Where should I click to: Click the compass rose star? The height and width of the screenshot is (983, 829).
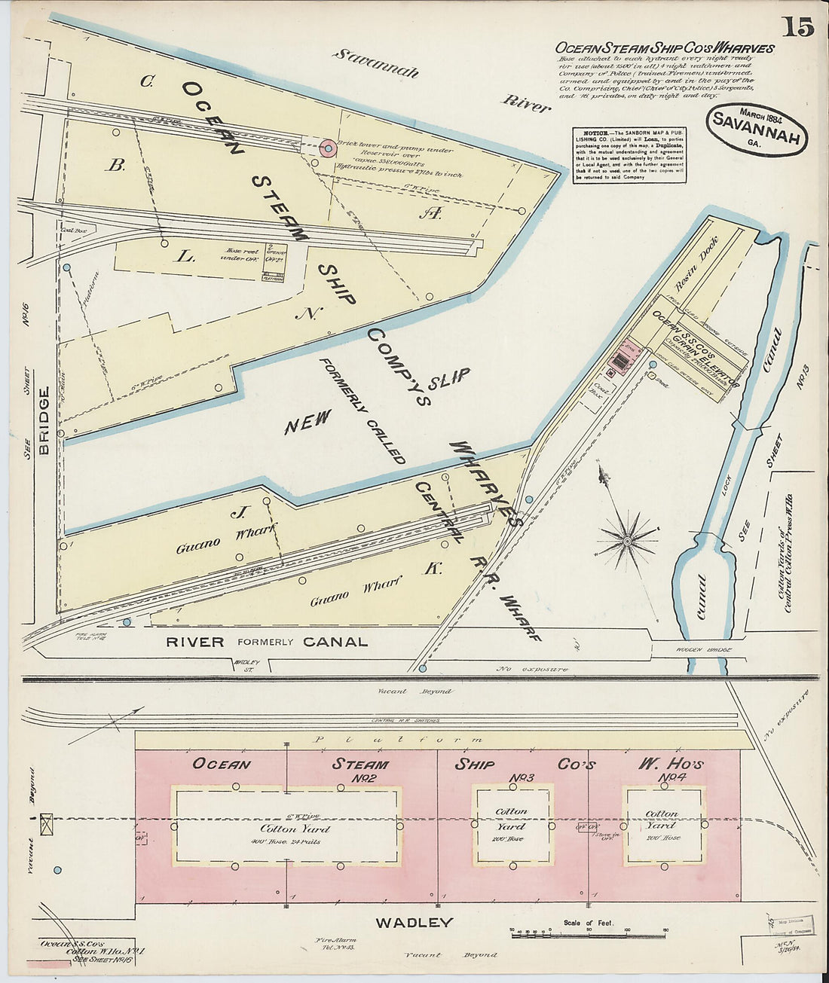coord(627,540)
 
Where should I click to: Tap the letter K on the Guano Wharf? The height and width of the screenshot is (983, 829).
coord(432,569)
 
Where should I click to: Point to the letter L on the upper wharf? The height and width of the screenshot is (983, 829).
coord(185,257)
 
